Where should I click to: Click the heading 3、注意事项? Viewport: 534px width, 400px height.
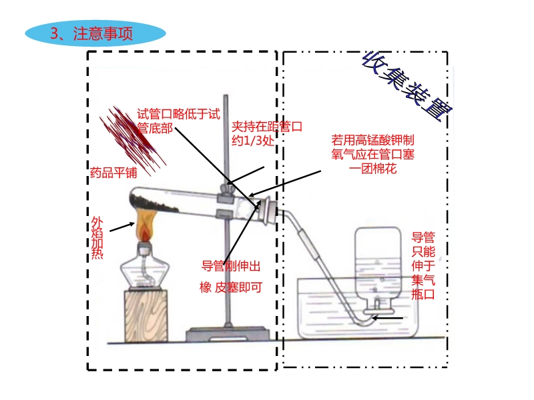pyautogui.click(x=91, y=33)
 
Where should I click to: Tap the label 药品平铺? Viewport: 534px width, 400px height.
pyautogui.click(x=113, y=173)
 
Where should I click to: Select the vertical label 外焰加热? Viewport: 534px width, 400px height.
pyautogui.click(x=97, y=238)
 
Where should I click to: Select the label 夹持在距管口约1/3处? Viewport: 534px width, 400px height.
pyautogui.click(x=266, y=133)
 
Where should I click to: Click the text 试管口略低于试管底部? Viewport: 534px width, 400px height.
pyautogui.click(x=178, y=121)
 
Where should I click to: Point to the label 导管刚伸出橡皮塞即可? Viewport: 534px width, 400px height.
pyautogui.click(x=231, y=277)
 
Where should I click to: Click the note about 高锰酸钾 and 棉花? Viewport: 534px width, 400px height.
pyautogui.click(x=372, y=154)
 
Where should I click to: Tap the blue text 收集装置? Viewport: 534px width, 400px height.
pyautogui.click(x=407, y=86)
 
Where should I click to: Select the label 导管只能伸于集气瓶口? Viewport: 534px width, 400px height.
pyautogui.click(x=423, y=265)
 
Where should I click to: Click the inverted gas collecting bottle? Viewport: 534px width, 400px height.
pyautogui.click(x=378, y=269)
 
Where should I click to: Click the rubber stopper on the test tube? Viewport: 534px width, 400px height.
pyautogui.click(x=268, y=211)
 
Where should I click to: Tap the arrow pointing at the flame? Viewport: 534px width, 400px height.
pyautogui.click(x=122, y=227)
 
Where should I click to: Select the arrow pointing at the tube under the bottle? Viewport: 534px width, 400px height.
pyautogui.click(x=388, y=319)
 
